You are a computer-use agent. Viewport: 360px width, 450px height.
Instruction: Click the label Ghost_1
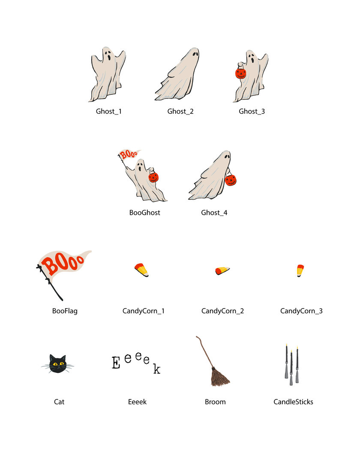[109, 111]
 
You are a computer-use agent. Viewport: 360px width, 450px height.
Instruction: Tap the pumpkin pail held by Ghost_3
[240, 73]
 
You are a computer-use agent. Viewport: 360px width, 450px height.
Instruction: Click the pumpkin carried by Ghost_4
[231, 180]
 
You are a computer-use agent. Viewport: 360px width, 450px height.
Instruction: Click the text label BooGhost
[144, 213]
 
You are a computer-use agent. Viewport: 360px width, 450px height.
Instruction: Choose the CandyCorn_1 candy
[141, 270]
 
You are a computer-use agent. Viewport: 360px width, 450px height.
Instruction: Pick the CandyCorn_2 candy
[222, 271]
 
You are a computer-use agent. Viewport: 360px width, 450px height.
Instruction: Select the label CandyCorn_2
[222, 311]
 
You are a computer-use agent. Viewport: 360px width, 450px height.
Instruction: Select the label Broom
[215, 402]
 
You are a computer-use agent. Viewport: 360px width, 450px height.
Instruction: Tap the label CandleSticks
[293, 402]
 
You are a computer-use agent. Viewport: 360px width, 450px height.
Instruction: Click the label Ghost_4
[214, 213]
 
